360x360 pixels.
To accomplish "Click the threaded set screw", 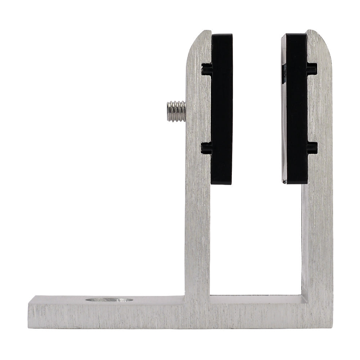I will tap(176, 111).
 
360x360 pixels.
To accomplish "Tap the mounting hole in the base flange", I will tap(109, 300).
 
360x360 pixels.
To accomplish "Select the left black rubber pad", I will tap(221, 108).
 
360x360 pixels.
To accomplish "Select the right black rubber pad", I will tap(295, 108).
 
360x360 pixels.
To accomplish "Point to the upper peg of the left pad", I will tap(206, 69).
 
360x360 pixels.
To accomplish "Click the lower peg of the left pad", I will tap(206, 148).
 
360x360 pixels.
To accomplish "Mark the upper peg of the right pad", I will tap(312, 69).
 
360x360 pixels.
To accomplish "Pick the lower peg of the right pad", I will tap(312, 148).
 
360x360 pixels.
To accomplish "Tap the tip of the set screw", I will tap(168, 111).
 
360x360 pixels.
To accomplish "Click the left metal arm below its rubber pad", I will tap(197, 234).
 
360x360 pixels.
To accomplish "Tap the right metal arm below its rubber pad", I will tap(317, 234).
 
